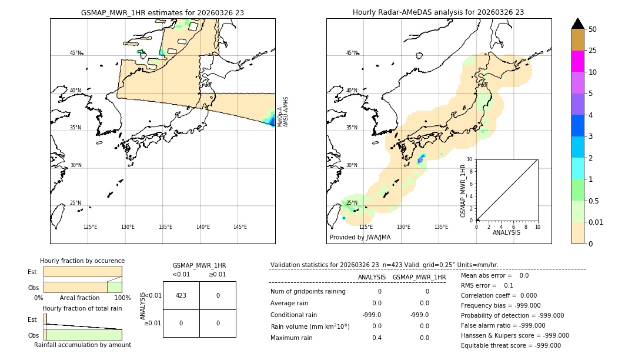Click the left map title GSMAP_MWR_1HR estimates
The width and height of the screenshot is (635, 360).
tap(162, 12)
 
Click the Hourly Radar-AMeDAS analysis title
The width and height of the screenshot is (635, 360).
tap(439, 12)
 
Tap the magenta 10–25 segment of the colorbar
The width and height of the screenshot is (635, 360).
tap(577, 61)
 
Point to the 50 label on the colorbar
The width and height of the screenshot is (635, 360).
tap(593, 29)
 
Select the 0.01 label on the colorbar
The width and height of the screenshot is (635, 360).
tap(596, 222)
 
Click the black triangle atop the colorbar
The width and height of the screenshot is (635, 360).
tap(577, 24)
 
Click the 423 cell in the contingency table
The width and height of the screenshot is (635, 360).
tap(181, 295)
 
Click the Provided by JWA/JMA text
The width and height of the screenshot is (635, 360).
tap(360, 238)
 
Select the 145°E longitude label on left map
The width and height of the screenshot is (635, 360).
tap(240, 227)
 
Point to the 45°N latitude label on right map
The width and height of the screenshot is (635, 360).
tap(352, 53)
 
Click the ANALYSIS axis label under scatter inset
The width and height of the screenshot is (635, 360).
tap(506, 232)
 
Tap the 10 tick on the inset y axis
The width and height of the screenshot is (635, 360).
tap(470, 159)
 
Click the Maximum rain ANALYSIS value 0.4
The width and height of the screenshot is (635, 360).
tap(376, 338)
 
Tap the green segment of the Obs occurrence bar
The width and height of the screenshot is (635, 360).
tap(114, 287)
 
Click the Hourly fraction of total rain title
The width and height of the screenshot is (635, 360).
tap(82, 309)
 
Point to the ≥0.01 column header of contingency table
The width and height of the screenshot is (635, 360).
tap(217, 274)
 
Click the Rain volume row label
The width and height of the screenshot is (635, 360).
tap(310, 326)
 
